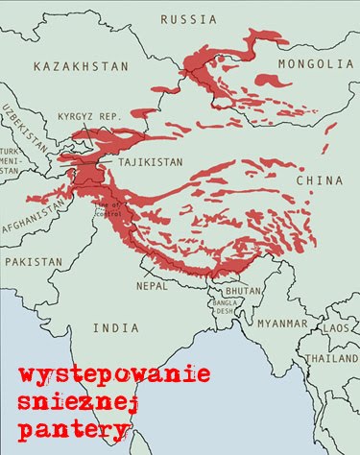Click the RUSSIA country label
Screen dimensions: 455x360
click(x=189, y=19)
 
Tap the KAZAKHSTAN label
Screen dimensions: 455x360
click(x=80, y=66)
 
